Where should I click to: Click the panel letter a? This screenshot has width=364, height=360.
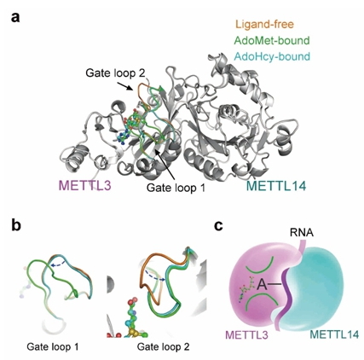coord(15,17)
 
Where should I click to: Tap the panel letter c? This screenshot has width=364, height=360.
coord(218,226)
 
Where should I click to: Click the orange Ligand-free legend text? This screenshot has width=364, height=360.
coord(264,25)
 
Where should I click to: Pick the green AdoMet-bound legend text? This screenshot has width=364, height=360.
coord(272,40)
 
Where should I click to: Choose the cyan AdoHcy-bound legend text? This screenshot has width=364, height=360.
coord(272,56)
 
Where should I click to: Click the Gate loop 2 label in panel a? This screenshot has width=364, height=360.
coord(115,73)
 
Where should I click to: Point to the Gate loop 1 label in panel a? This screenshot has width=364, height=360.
coord(176,188)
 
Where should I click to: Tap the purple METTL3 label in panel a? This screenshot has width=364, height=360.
coord(84,186)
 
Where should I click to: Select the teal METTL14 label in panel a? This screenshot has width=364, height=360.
coord(276,186)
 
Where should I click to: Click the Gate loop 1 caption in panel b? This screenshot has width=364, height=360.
coord(53,346)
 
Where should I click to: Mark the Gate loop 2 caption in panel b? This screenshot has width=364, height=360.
coord(164,347)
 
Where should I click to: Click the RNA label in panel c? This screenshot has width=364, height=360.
coord(302,233)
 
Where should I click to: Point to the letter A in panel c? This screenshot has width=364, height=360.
coord(263,285)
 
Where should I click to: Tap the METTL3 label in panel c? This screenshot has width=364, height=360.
coord(246,335)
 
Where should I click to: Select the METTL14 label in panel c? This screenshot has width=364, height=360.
coord(334,334)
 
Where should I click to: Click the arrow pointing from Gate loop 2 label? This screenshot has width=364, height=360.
coord(125,86)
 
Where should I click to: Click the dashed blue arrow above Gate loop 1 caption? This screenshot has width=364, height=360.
coord(59,264)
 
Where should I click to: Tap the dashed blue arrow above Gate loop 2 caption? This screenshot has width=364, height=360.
coord(155,276)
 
